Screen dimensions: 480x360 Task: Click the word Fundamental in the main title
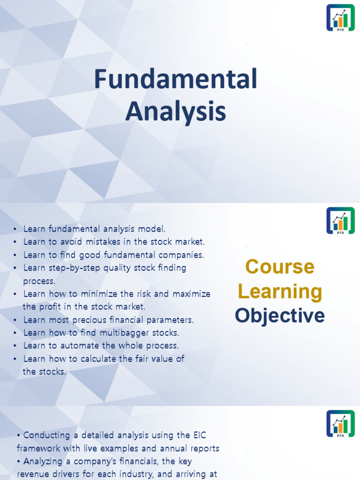176,79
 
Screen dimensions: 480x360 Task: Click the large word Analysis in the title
176,112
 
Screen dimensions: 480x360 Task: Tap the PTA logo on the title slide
340,18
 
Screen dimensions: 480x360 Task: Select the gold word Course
280,267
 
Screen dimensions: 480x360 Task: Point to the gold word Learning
280,292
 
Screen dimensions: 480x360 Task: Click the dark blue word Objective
280,315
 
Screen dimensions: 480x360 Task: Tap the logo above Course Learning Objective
340,221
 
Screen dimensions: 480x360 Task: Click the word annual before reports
169,449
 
